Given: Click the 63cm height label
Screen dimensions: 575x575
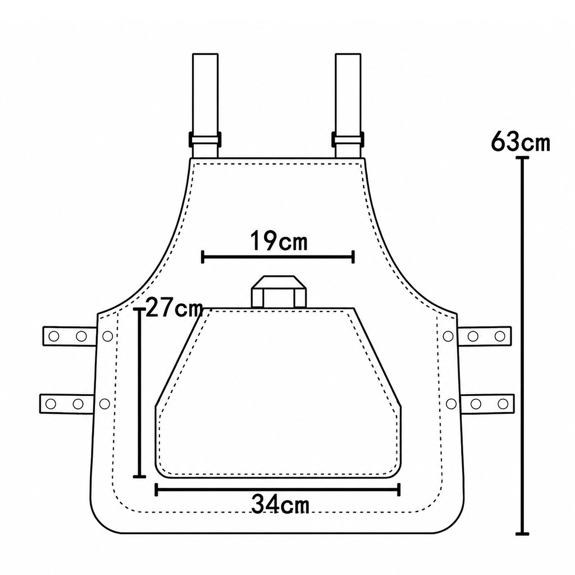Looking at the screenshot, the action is tap(521, 142).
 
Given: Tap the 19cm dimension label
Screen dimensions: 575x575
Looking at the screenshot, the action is tap(279, 241).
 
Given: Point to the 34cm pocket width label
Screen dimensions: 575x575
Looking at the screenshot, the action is tap(280, 505).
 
